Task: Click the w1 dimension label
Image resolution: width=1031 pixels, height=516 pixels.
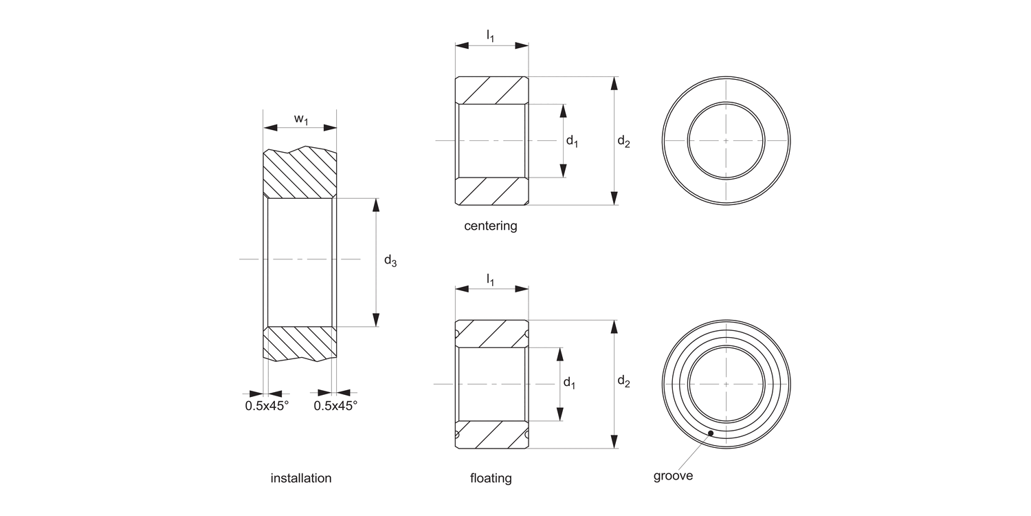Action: click(301, 119)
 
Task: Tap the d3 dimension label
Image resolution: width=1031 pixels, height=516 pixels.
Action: click(390, 261)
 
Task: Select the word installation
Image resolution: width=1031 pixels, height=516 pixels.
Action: click(301, 478)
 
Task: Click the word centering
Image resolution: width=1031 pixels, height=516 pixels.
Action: click(491, 226)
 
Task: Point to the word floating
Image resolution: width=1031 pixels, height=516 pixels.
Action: click(491, 478)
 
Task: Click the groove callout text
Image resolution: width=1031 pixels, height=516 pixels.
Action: click(673, 476)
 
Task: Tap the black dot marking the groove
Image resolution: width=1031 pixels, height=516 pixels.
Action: click(711, 433)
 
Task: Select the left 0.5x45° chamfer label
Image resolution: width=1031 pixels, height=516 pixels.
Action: click(267, 406)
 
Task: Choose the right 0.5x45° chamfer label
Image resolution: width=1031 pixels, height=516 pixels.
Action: click(335, 406)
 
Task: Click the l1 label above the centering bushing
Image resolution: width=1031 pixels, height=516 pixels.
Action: click(490, 35)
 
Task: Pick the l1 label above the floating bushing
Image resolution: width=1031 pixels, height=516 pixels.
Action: click(490, 279)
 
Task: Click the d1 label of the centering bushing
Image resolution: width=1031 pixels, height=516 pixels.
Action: click(572, 141)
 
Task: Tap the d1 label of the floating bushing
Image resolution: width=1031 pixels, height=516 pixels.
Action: click(569, 383)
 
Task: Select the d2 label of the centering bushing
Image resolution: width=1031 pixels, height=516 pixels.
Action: click(623, 142)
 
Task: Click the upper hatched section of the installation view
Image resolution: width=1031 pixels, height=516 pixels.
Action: click(300, 173)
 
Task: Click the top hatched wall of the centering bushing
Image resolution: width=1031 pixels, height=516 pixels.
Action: click(491, 90)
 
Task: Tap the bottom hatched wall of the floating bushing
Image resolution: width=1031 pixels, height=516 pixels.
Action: click(491, 434)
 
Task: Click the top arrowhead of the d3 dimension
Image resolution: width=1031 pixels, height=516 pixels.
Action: click(375, 204)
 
